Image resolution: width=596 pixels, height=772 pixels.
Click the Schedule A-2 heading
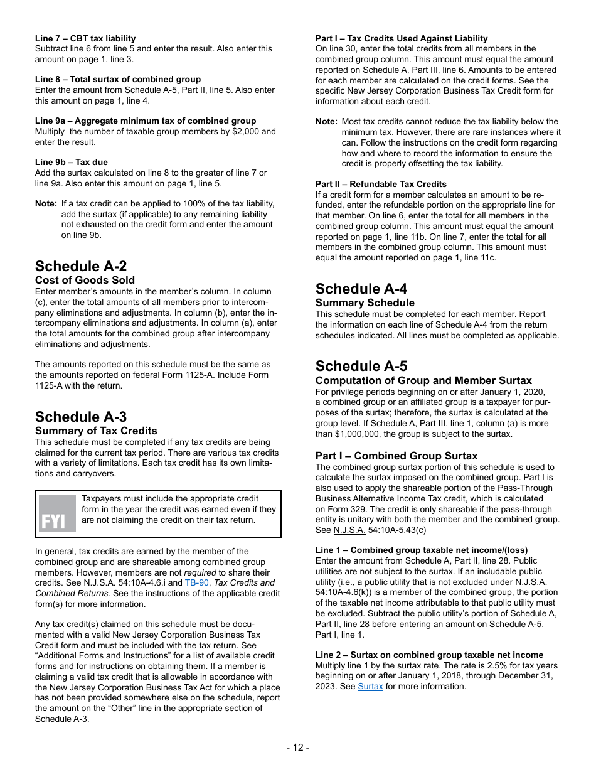pos(81,266)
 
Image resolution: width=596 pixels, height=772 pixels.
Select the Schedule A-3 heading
pos(81,417)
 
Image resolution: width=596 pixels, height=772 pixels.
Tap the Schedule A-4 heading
pos(361,289)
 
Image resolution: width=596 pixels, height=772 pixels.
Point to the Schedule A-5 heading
pos(361,366)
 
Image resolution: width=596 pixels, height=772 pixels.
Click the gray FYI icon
pos(57,513)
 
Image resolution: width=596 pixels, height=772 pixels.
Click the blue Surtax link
pos(370,687)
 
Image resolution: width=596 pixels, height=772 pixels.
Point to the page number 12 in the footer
pos(297,747)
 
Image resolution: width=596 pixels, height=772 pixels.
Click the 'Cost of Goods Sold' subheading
pos(85,280)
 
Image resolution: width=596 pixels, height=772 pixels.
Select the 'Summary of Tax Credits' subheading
pos(96,431)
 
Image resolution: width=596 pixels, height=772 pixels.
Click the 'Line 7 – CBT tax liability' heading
pos(85,38)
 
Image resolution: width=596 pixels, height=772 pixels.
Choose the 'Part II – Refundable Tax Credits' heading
pos(381,184)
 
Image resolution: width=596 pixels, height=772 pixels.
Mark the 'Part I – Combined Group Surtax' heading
pos(396,456)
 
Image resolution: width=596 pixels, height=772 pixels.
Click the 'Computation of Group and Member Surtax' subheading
pos(423,380)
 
